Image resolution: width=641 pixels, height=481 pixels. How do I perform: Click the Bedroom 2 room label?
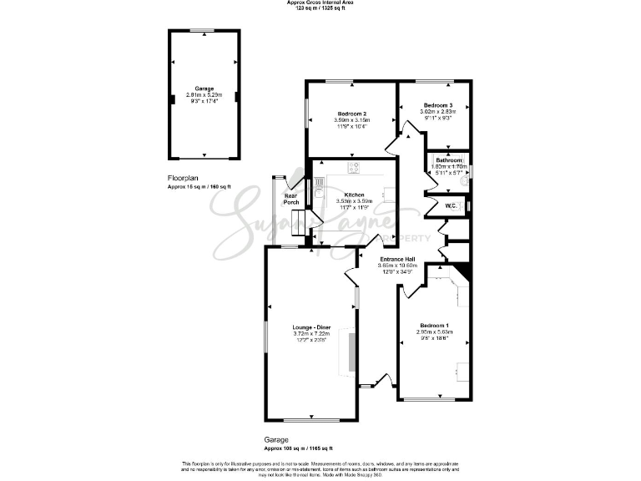(352, 114)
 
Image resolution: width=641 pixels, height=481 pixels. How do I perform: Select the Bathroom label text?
(449, 159)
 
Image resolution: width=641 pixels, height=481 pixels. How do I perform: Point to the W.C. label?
(450, 205)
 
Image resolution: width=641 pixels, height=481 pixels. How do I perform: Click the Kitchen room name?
(355, 194)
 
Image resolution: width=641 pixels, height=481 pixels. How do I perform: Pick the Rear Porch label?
(291, 199)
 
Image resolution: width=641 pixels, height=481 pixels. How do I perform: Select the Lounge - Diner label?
(310, 327)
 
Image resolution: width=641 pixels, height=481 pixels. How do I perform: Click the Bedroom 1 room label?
(434, 325)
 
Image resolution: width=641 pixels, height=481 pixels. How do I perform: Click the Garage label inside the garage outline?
(204, 89)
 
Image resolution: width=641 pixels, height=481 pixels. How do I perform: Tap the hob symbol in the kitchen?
(354, 167)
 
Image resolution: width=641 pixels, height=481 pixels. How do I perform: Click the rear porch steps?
(297, 220)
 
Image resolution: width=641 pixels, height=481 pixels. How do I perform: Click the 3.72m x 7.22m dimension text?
(310, 334)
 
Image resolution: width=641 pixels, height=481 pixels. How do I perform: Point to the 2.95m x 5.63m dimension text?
(434, 332)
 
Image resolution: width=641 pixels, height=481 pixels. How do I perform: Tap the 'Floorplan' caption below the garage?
(184, 178)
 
